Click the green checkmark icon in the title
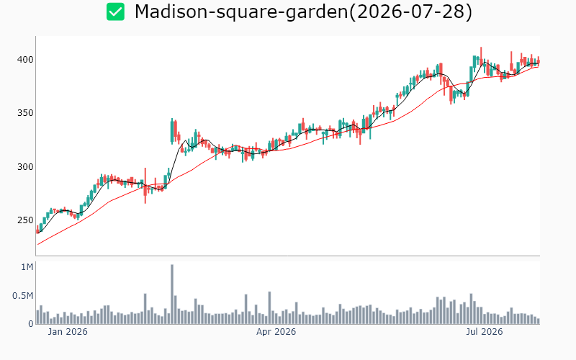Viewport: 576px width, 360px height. pos(115,12)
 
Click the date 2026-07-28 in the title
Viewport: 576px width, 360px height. pos(410,12)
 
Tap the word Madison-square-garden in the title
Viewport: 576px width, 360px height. pos(241,12)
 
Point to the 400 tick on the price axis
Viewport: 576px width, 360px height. pos(25,60)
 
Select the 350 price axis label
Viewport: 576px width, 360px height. pos(25,113)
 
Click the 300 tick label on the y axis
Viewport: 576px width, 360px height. pos(25,167)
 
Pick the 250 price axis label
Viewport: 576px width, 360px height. pos(25,220)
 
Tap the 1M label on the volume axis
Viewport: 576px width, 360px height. pos(27,267)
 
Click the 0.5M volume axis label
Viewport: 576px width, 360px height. pos(23,296)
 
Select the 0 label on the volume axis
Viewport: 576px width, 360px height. pos(31,324)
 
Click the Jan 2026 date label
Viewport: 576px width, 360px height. pos(68,332)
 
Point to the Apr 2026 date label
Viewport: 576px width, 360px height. pos(276,332)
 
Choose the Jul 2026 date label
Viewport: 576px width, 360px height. pos(484,332)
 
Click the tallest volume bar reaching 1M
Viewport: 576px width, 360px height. pos(172,294)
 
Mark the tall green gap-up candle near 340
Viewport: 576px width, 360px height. pos(172,131)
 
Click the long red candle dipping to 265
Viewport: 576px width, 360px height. pos(145,186)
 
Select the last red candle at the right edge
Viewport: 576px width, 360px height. pos(539,62)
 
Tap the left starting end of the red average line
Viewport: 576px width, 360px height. pos(38,245)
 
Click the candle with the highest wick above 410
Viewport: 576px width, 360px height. pos(481,55)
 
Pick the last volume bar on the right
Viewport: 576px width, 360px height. pos(539,321)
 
